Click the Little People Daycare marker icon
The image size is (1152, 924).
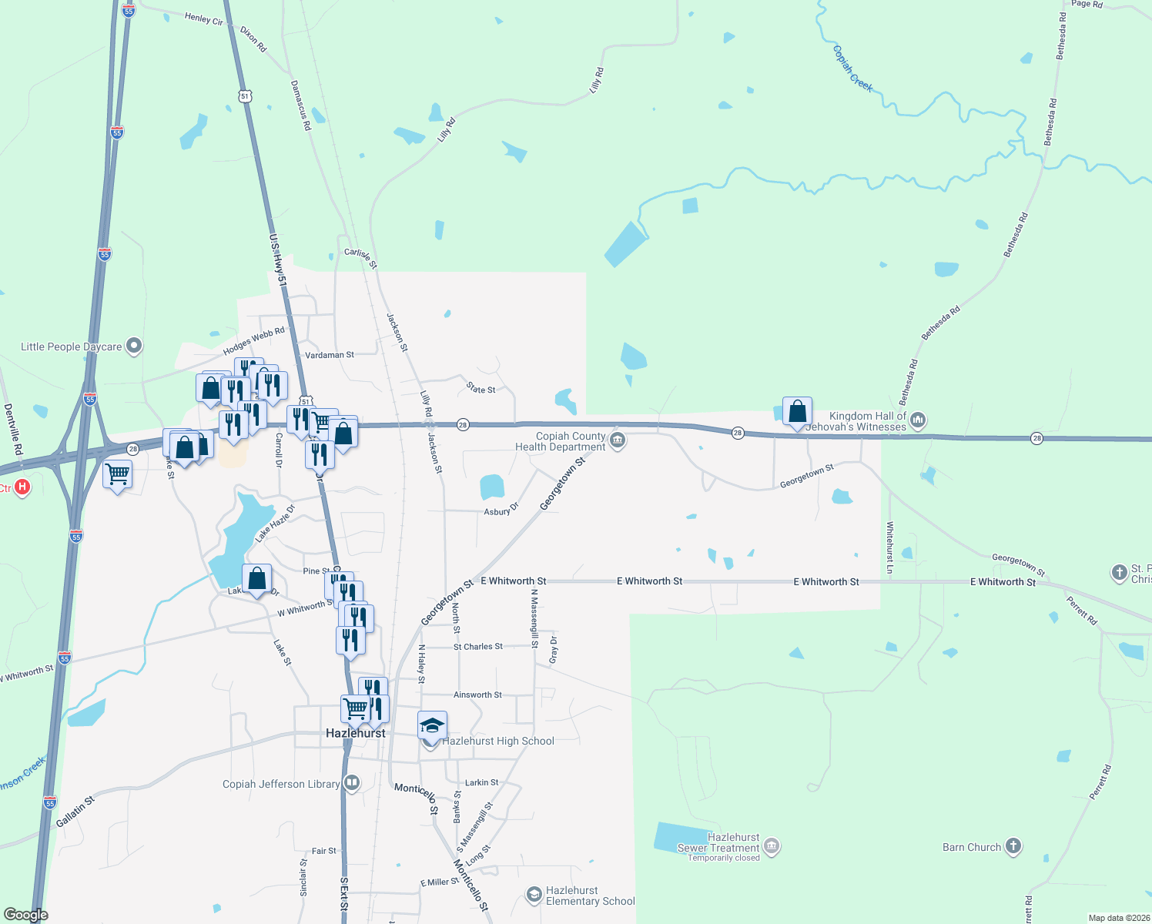click(134, 346)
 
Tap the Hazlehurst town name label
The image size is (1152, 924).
click(356, 733)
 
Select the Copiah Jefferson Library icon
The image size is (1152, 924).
click(352, 784)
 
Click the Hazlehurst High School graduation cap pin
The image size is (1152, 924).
click(432, 726)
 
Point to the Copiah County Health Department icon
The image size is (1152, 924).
click(617, 441)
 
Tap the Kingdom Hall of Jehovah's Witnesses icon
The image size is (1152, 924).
click(917, 420)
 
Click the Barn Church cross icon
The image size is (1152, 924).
click(1013, 846)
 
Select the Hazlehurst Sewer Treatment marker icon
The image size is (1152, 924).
click(772, 847)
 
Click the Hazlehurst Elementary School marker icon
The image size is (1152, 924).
click(534, 895)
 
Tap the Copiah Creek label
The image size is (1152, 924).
click(852, 69)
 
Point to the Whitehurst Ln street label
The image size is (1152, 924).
click(890, 547)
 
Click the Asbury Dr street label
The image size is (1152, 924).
click(501, 510)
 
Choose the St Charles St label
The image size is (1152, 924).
click(478, 647)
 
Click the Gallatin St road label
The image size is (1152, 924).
click(75, 812)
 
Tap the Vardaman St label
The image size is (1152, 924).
click(330, 355)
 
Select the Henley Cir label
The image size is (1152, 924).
click(204, 18)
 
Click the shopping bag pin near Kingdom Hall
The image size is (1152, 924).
click(797, 412)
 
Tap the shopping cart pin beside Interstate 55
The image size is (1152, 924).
click(117, 474)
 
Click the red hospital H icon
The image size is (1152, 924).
click(22, 487)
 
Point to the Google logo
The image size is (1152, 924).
click(25, 915)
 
